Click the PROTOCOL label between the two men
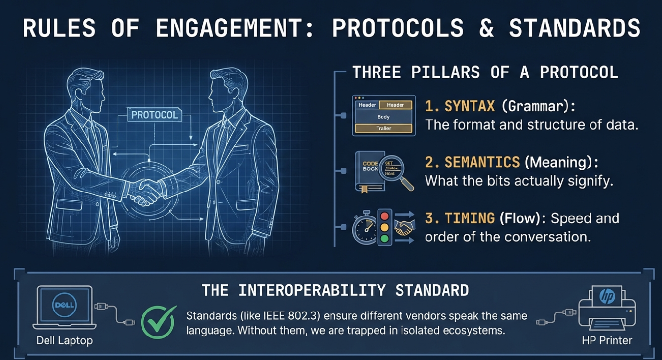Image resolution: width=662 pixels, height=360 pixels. click(x=154, y=115)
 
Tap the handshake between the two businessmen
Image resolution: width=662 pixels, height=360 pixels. click(x=145, y=192)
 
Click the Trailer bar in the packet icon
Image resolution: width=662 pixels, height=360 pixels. click(x=383, y=129)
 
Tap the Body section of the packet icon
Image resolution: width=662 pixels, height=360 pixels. click(x=383, y=117)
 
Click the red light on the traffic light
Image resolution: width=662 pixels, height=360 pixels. click(x=385, y=216)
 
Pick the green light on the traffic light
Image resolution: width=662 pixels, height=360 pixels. click(x=385, y=239)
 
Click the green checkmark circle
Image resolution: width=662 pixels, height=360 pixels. click(x=158, y=322)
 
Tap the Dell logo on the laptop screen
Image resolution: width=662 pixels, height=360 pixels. click(x=64, y=305)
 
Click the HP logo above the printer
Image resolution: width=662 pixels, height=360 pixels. click(x=607, y=296)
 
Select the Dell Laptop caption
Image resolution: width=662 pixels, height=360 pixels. click(x=64, y=340)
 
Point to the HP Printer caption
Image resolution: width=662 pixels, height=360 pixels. click(x=607, y=340)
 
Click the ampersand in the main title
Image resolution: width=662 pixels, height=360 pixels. click(x=486, y=29)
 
